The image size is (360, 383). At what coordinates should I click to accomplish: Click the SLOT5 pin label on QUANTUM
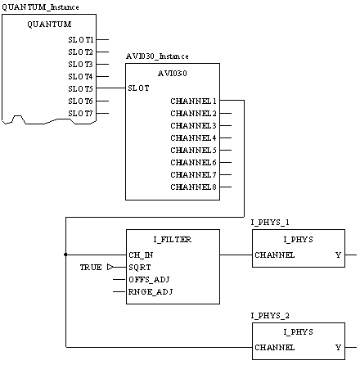(80, 89)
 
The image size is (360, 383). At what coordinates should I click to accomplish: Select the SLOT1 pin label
(81, 40)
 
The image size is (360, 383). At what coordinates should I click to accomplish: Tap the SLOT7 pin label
(80, 114)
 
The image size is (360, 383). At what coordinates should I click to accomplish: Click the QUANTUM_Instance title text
(40, 7)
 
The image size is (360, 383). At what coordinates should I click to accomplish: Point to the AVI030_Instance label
(157, 56)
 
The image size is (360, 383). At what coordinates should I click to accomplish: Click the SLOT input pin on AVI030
(138, 88)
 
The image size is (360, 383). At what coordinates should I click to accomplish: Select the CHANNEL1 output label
(193, 101)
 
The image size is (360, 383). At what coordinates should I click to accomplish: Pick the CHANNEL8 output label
(193, 187)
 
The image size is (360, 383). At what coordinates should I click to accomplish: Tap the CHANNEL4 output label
(193, 138)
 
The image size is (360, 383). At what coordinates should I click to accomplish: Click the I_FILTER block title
(173, 240)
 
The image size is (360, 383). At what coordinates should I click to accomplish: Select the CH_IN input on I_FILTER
(141, 255)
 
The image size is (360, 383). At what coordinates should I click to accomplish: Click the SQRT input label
(140, 268)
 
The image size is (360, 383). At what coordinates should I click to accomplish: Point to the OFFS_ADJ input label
(149, 280)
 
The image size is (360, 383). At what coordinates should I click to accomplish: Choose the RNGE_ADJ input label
(151, 292)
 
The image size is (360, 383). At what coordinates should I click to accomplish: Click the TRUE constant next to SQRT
(91, 268)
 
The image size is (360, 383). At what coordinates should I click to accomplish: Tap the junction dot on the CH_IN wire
(65, 255)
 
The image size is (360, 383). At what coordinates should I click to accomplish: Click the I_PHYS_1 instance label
(270, 223)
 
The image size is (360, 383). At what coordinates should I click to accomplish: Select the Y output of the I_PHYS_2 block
(338, 348)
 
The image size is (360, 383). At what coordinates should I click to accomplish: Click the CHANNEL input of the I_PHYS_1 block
(275, 255)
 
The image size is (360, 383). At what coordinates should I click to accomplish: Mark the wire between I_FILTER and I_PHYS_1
(236, 255)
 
